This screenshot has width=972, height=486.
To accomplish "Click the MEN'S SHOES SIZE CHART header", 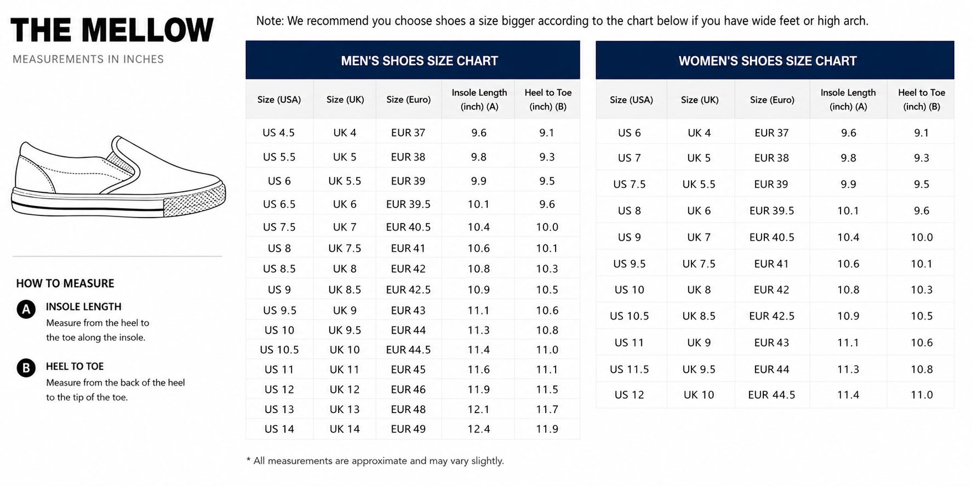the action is (x=419, y=61).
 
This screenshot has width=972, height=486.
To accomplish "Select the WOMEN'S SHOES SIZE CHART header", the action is (x=767, y=61).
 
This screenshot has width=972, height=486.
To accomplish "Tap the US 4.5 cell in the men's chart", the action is (x=278, y=133).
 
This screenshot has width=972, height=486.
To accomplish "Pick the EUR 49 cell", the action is (x=408, y=429).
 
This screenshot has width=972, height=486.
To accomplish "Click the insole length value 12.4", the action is (x=479, y=429).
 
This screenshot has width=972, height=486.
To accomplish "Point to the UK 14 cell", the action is (x=345, y=429).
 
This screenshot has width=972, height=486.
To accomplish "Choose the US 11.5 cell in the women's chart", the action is (x=629, y=369).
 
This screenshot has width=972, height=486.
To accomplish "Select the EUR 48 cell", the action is (x=408, y=409).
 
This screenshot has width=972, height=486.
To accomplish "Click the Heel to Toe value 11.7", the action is (x=547, y=409).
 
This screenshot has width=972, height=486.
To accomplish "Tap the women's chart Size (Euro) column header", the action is (x=772, y=100).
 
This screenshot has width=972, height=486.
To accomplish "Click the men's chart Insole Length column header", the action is (x=479, y=99).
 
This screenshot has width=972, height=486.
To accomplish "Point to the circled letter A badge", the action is (x=26, y=310).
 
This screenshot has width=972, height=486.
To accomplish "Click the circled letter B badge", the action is (x=26, y=368).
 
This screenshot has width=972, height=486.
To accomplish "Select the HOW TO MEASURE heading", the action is (x=65, y=283).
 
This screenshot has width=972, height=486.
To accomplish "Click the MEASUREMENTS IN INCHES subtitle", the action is (x=88, y=59).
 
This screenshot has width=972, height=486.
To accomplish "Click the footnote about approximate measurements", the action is (x=375, y=461).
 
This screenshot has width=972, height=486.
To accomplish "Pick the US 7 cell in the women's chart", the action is (x=629, y=158).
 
